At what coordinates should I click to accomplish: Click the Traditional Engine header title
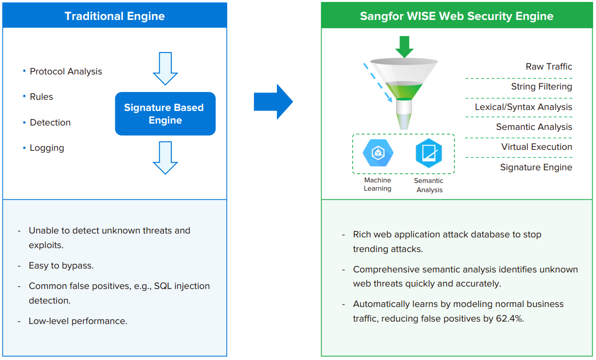pos(115,16)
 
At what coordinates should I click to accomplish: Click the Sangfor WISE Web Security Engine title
pos(456,16)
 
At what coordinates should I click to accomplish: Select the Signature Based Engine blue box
pos(165,114)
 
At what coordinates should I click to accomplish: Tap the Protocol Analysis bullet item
pos(66,72)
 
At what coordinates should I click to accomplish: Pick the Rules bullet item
pos(41,97)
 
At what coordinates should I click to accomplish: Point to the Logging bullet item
pos(47,148)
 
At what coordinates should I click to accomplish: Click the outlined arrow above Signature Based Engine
pos(165,69)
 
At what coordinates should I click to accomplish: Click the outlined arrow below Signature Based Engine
pos(165,158)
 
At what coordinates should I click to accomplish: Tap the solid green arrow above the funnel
pos(404,47)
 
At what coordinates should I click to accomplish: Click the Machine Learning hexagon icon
pos(378,153)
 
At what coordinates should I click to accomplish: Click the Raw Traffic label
pos(549,67)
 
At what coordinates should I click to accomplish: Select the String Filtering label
pos(541,87)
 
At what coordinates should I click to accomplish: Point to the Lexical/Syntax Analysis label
pos(524,107)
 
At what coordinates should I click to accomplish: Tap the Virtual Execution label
pos(537,147)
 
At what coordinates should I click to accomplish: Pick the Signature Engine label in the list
pos(536,167)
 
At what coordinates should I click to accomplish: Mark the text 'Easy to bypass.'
pos(61,266)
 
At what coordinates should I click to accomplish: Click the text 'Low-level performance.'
pos(78,321)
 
